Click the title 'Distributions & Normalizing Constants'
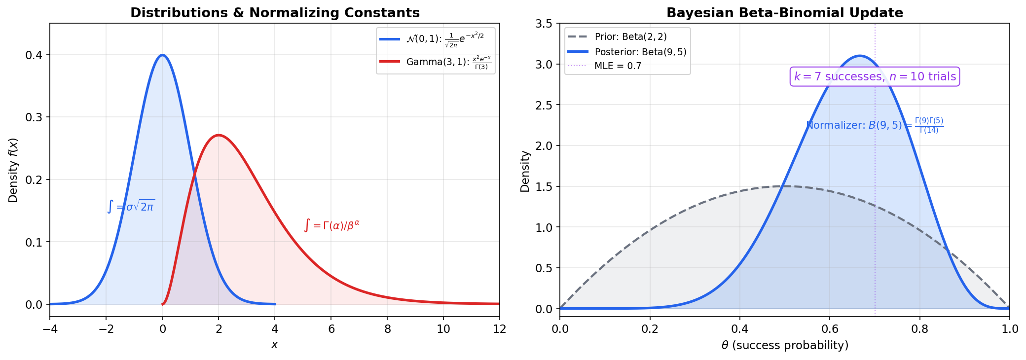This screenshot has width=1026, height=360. click(x=275, y=13)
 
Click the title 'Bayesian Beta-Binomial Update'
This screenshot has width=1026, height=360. click(x=784, y=13)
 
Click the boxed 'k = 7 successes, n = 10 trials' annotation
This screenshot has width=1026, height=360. click(x=875, y=76)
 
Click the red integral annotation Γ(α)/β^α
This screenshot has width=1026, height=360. click(x=331, y=226)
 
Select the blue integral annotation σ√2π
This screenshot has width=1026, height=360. click(x=131, y=207)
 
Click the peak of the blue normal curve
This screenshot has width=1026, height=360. click(x=162, y=55)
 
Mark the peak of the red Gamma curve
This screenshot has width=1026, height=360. click(x=219, y=135)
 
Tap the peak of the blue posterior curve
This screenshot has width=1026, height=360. click(x=860, y=56)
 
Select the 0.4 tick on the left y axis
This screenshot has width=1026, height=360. click(x=34, y=55)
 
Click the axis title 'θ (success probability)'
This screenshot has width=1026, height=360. click(x=784, y=345)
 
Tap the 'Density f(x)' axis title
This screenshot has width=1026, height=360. click(x=13, y=170)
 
